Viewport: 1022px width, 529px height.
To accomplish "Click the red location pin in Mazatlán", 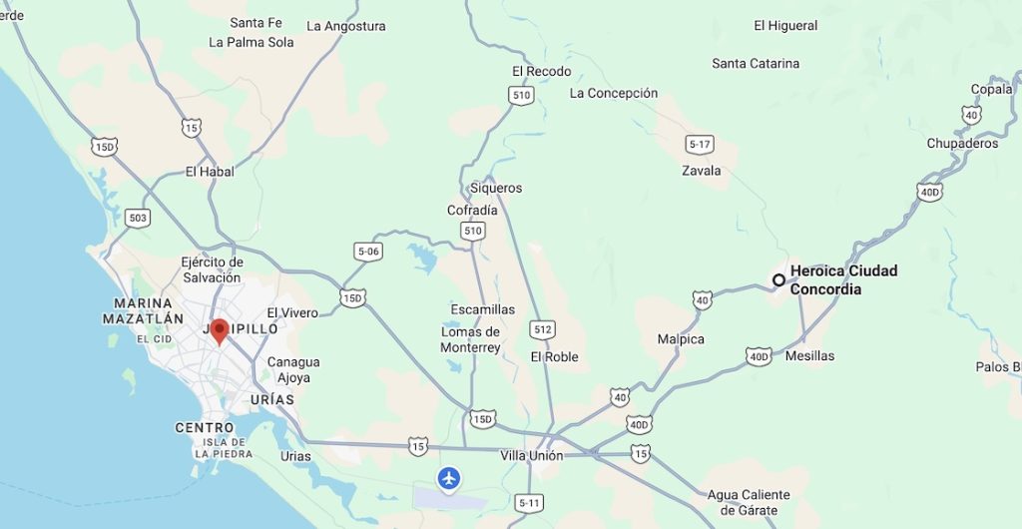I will coord(219,331).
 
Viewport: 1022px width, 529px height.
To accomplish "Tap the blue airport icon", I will coord(449,479).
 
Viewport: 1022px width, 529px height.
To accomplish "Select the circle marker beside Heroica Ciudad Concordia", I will coord(778,279).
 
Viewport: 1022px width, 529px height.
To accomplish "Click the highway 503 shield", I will coord(138,217).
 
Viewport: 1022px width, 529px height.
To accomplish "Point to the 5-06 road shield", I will coord(369,252).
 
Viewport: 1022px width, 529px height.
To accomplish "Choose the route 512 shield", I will coord(543,328).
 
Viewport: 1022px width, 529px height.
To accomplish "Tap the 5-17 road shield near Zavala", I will coord(700,145).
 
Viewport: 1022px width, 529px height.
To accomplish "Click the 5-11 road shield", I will coord(530,503).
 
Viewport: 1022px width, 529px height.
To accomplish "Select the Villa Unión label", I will coord(532,455).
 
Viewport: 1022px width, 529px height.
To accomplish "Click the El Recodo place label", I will coord(541,71).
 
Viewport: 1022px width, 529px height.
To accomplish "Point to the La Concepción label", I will coord(614,93).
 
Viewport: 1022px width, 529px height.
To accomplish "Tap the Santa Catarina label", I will coord(756,63).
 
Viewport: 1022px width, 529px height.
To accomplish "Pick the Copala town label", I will coord(991,89).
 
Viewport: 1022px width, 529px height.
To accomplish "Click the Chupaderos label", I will coord(962,143).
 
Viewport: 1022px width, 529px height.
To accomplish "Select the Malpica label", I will coord(681,339).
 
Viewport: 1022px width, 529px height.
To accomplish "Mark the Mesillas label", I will coord(809,355).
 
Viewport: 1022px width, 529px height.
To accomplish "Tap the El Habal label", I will coord(210,172).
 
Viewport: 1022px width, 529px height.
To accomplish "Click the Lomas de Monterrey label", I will coord(470,339).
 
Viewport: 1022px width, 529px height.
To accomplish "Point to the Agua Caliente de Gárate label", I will coord(749,502).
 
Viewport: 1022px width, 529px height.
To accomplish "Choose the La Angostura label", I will coord(346,26).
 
